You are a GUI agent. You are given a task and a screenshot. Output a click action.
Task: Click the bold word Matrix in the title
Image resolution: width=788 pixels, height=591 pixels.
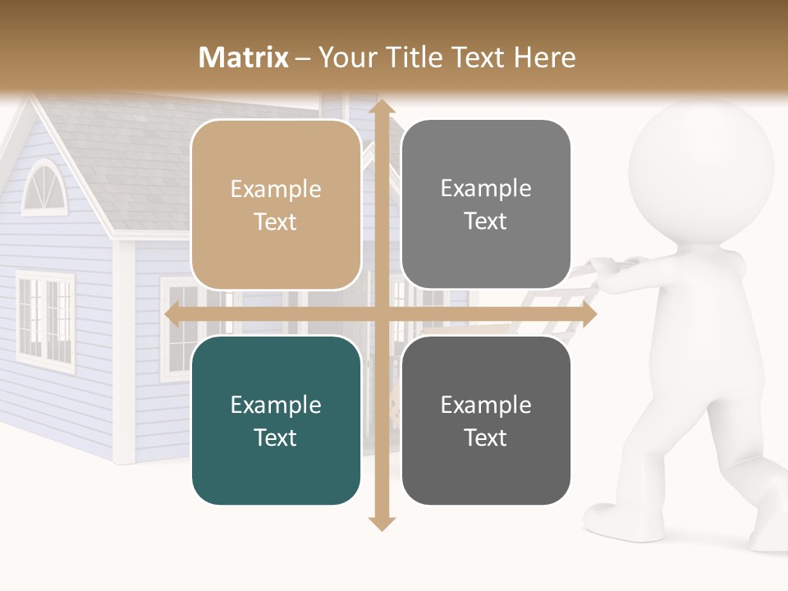tap(244, 57)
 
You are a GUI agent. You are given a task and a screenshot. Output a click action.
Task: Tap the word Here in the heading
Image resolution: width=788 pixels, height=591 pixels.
tap(544, 57)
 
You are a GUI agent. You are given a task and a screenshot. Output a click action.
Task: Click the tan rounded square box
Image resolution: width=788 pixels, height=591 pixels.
tap(276, 205)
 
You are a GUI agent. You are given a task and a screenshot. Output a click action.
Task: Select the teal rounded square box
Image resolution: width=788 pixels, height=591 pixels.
tap(276, 421)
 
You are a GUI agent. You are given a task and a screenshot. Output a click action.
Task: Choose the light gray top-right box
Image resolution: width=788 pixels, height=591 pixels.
tap(486, 204)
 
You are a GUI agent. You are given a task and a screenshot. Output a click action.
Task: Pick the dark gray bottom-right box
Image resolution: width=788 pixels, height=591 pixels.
tap(486, 421)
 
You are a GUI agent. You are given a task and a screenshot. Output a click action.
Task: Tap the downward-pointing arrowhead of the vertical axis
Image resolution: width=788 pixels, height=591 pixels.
tap(381, 521)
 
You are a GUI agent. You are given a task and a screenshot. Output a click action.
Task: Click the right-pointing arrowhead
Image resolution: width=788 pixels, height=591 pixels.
tap(587, 314)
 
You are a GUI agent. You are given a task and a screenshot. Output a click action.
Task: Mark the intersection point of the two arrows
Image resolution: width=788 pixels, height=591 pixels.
tap(381, 314)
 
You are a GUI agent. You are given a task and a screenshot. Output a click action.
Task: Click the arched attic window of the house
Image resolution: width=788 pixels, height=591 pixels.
tap(41, 188)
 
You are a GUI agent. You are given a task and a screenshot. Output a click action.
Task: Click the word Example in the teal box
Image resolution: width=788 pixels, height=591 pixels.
tap(276, 405)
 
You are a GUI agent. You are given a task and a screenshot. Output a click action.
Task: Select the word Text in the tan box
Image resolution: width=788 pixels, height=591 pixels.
tap(276, 222)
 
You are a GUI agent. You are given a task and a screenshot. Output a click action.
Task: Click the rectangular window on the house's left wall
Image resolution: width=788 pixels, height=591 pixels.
tap(45, 317)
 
